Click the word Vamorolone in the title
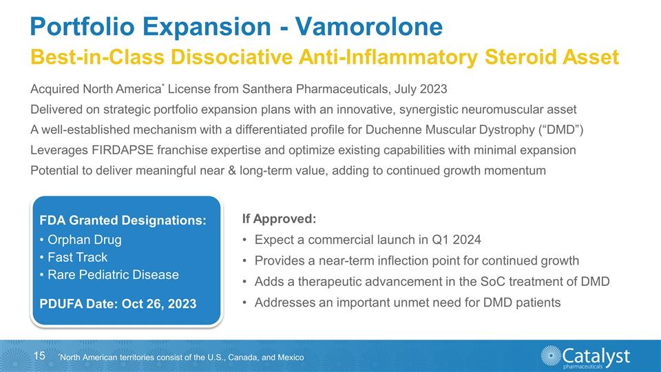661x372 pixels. (368, 27)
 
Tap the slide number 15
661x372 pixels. (39, 355)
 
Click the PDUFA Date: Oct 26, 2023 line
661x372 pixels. (118, 304)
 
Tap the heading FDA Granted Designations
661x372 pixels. (123, 220)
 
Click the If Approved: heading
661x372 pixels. (279, 219)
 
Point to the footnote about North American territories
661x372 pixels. (181, 358)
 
